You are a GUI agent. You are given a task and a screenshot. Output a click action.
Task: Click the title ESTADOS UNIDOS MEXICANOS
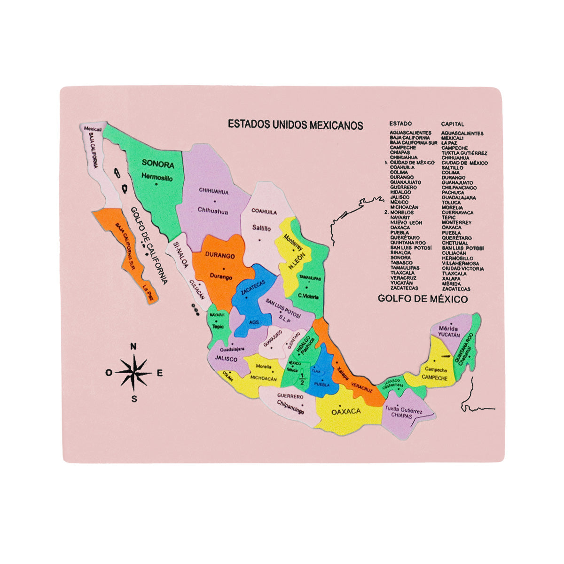tap(295, 125)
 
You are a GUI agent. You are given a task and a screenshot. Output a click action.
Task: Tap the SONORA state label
tap(158, 165)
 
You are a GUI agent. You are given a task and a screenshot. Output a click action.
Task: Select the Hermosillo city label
tap(157, 178)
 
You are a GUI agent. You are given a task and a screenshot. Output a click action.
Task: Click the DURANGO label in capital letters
tap(219, 256)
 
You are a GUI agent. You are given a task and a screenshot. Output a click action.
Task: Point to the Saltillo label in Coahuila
tap(261, 228)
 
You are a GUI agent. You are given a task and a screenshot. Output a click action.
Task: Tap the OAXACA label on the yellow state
tap(346, 412)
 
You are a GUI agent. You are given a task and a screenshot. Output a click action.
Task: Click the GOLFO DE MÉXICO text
tap(423, 299)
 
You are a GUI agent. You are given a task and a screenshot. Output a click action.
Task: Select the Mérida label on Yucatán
tap(448, 328)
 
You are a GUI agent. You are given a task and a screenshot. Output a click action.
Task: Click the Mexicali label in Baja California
tap(93, 128)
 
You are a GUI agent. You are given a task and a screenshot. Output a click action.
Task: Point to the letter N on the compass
tap(133, 347)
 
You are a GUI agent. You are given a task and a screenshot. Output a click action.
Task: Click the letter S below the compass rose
tap(134, 399)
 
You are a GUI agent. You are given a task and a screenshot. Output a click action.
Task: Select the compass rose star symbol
tap(134, 373)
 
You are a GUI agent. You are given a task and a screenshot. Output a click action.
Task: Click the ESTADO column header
tap(400, 124)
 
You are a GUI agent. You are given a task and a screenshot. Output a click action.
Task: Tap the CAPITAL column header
tap(452, 124)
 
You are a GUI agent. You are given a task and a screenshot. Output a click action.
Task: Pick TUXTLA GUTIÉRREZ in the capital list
tap(464, 153)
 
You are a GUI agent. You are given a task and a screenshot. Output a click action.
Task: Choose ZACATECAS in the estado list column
tap(404, 288)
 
